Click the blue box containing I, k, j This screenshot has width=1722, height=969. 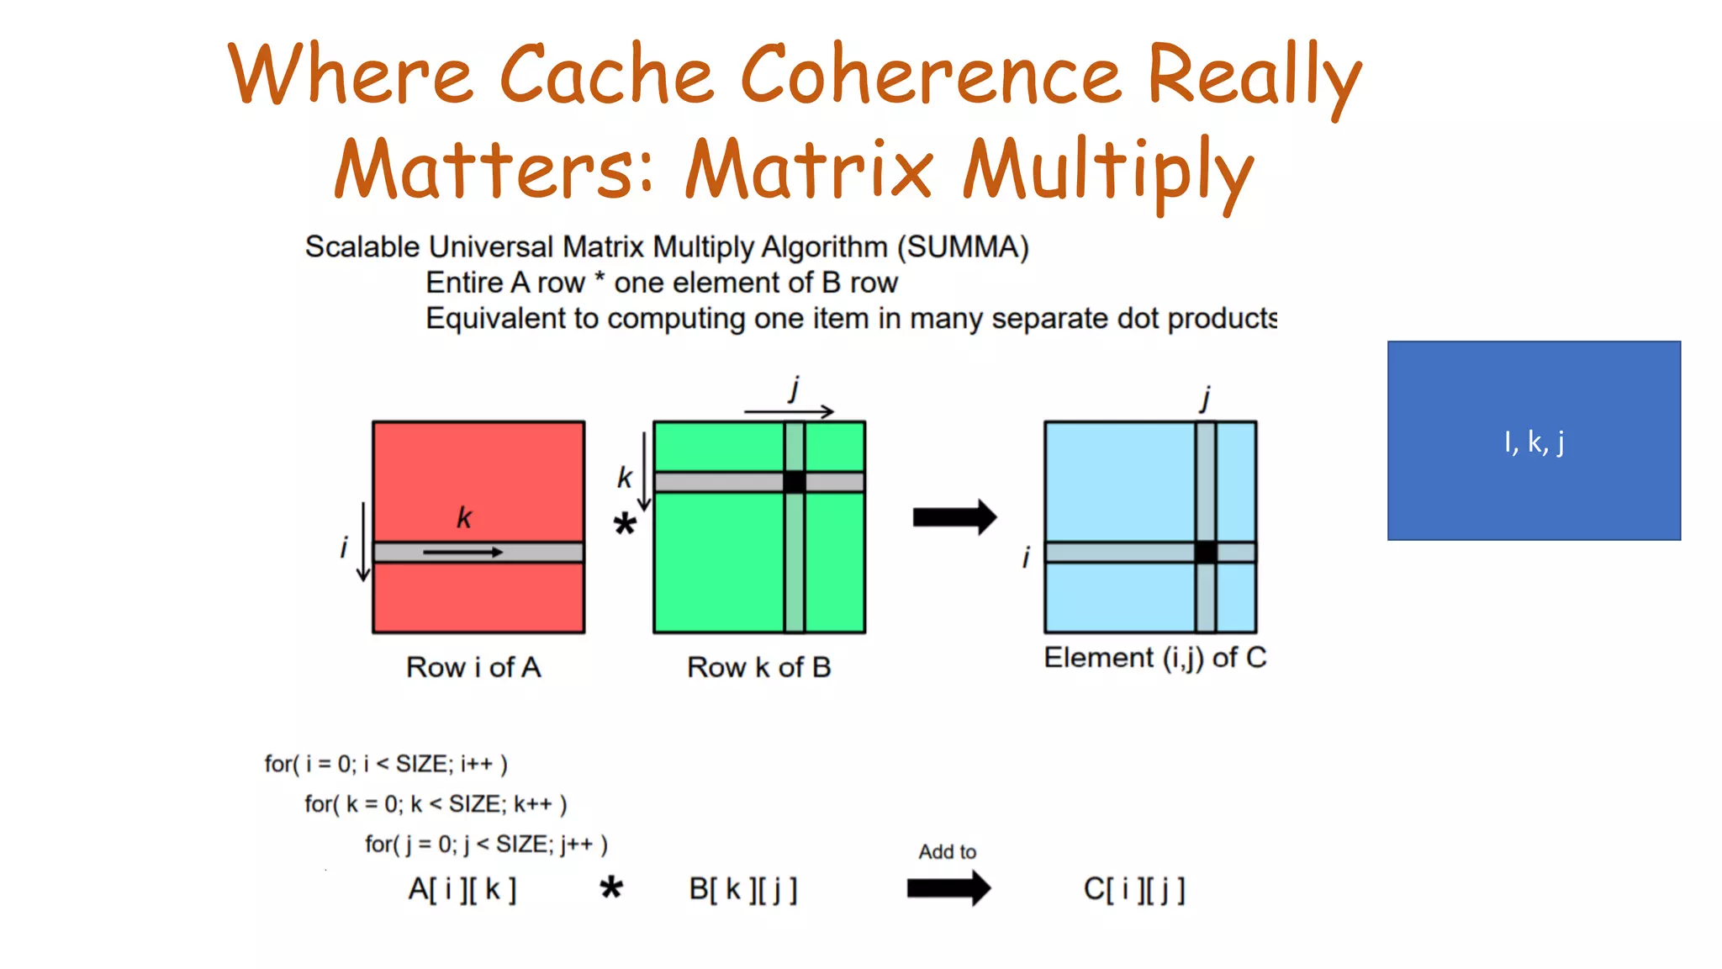pos(1534,441)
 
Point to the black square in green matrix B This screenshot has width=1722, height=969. pos(794,482)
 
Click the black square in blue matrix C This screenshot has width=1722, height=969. pos(1206,553)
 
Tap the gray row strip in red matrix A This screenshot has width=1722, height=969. pos(478,553)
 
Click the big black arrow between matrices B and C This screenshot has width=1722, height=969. pos(954,517)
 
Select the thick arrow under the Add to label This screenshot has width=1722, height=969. pos(948,888)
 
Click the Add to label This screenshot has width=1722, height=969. pos(947,852)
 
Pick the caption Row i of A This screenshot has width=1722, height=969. pos(473,667)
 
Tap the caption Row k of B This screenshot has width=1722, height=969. pos(758,667)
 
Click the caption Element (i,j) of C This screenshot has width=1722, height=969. pos(1154,658)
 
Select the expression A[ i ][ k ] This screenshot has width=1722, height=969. pos(462,889)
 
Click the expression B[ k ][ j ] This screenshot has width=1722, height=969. pos(743,889)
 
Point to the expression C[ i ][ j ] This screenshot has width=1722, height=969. pos(1134,889)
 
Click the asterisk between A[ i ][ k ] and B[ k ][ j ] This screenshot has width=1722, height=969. pos(611,888)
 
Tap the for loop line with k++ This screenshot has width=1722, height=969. pos(436,804)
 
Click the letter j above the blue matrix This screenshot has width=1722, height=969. pos(1206,398)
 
